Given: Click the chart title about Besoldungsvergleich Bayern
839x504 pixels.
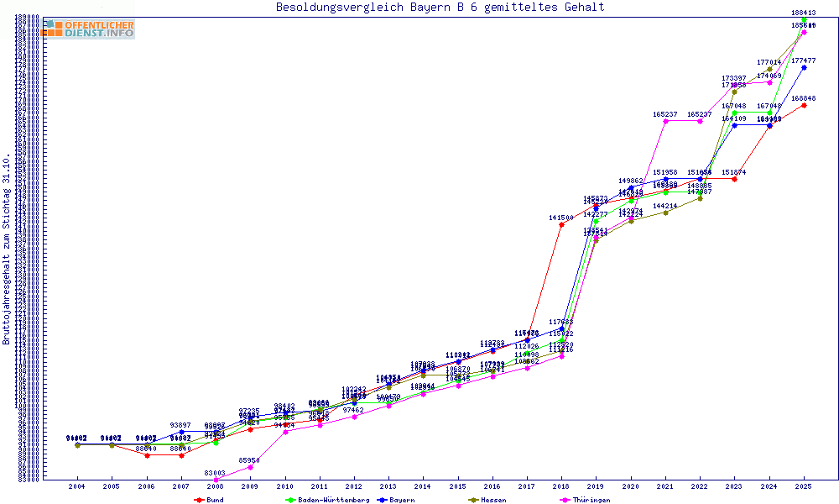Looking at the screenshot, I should (440, 8).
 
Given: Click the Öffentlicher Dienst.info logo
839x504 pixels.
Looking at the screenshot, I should (88, 29).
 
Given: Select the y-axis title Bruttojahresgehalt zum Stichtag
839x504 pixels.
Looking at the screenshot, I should (7, 249).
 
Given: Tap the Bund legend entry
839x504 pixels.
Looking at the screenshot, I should (209, 500).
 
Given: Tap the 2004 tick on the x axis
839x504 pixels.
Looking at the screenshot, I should (76, 486).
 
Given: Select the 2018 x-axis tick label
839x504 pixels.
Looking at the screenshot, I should (561, 486).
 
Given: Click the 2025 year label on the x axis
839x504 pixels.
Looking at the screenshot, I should (804, 486).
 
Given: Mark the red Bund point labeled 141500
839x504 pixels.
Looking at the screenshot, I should (561, 225).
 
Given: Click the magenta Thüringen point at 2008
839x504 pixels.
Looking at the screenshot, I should (216, 480).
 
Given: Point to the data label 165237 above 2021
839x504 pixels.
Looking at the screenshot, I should (665, 114).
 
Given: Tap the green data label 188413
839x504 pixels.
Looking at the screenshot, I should (804, 13).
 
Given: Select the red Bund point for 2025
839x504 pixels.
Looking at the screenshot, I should (804, 105).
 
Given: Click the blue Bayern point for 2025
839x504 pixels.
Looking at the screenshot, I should (804, 67).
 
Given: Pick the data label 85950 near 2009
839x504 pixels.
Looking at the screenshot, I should (249, 460).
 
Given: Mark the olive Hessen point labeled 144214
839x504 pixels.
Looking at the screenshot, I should (665, 213).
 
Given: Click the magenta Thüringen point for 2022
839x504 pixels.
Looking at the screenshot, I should (700, 121).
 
